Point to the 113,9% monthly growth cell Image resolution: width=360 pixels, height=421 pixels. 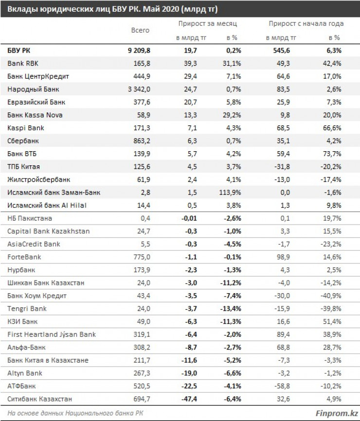[x=228, y=193]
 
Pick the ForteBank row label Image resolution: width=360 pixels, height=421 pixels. [x=22, y=256]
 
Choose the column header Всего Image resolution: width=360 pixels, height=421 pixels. [x=141, y=30]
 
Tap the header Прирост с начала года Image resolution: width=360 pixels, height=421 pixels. [x=306, y=23]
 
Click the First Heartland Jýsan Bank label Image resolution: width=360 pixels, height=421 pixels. [x=52, y=334]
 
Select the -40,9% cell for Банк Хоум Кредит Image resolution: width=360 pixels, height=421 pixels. [x=332, y=295]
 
